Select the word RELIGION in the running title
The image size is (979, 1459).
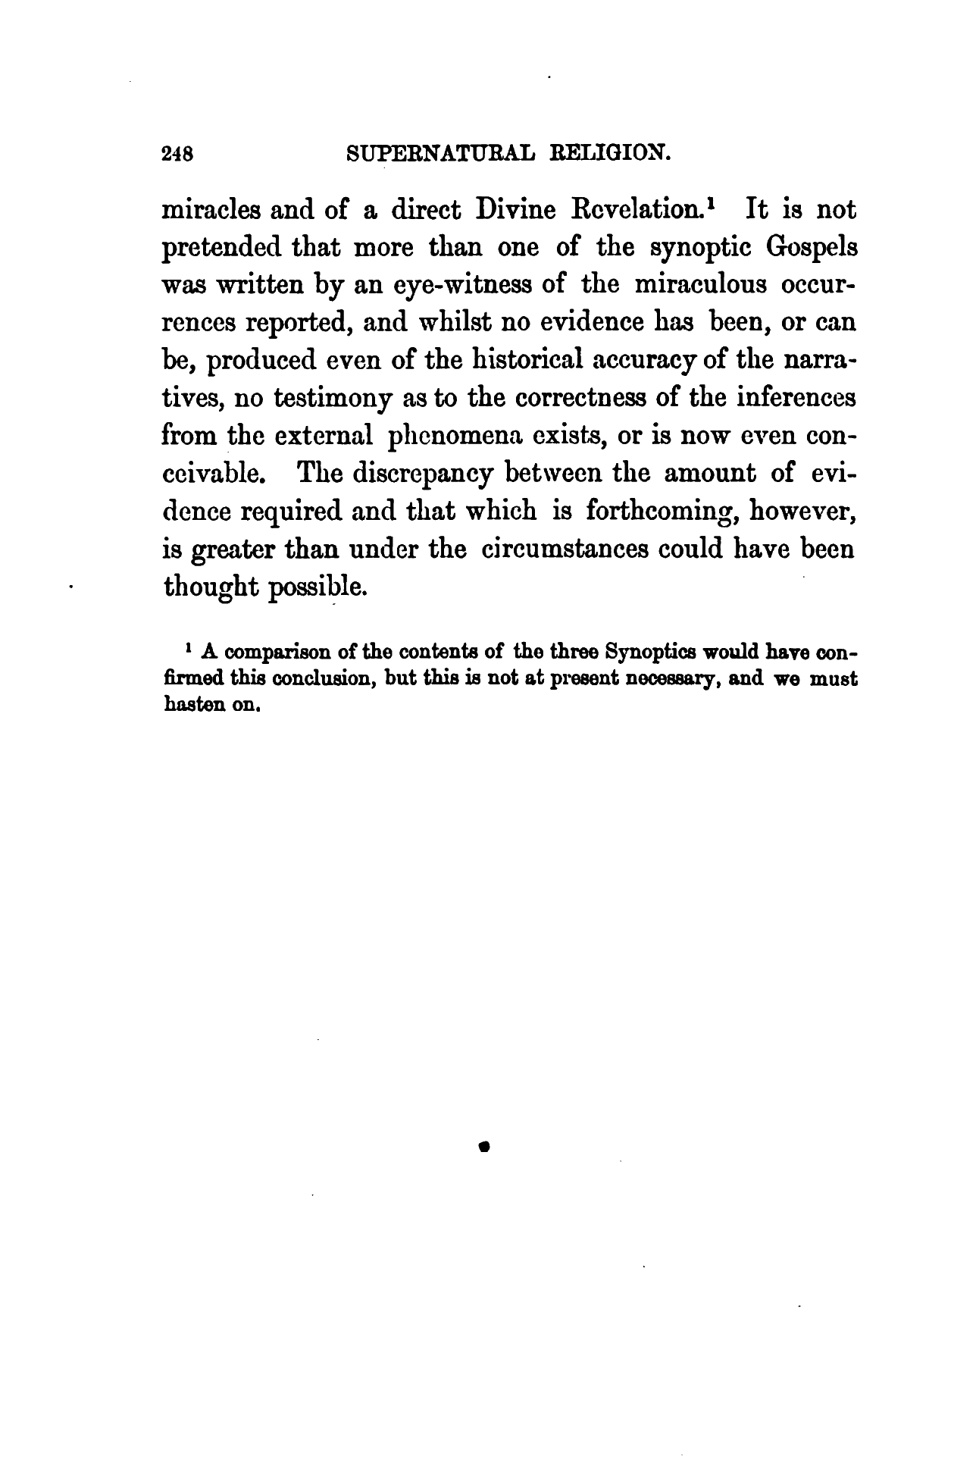click(x=610, y=154)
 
